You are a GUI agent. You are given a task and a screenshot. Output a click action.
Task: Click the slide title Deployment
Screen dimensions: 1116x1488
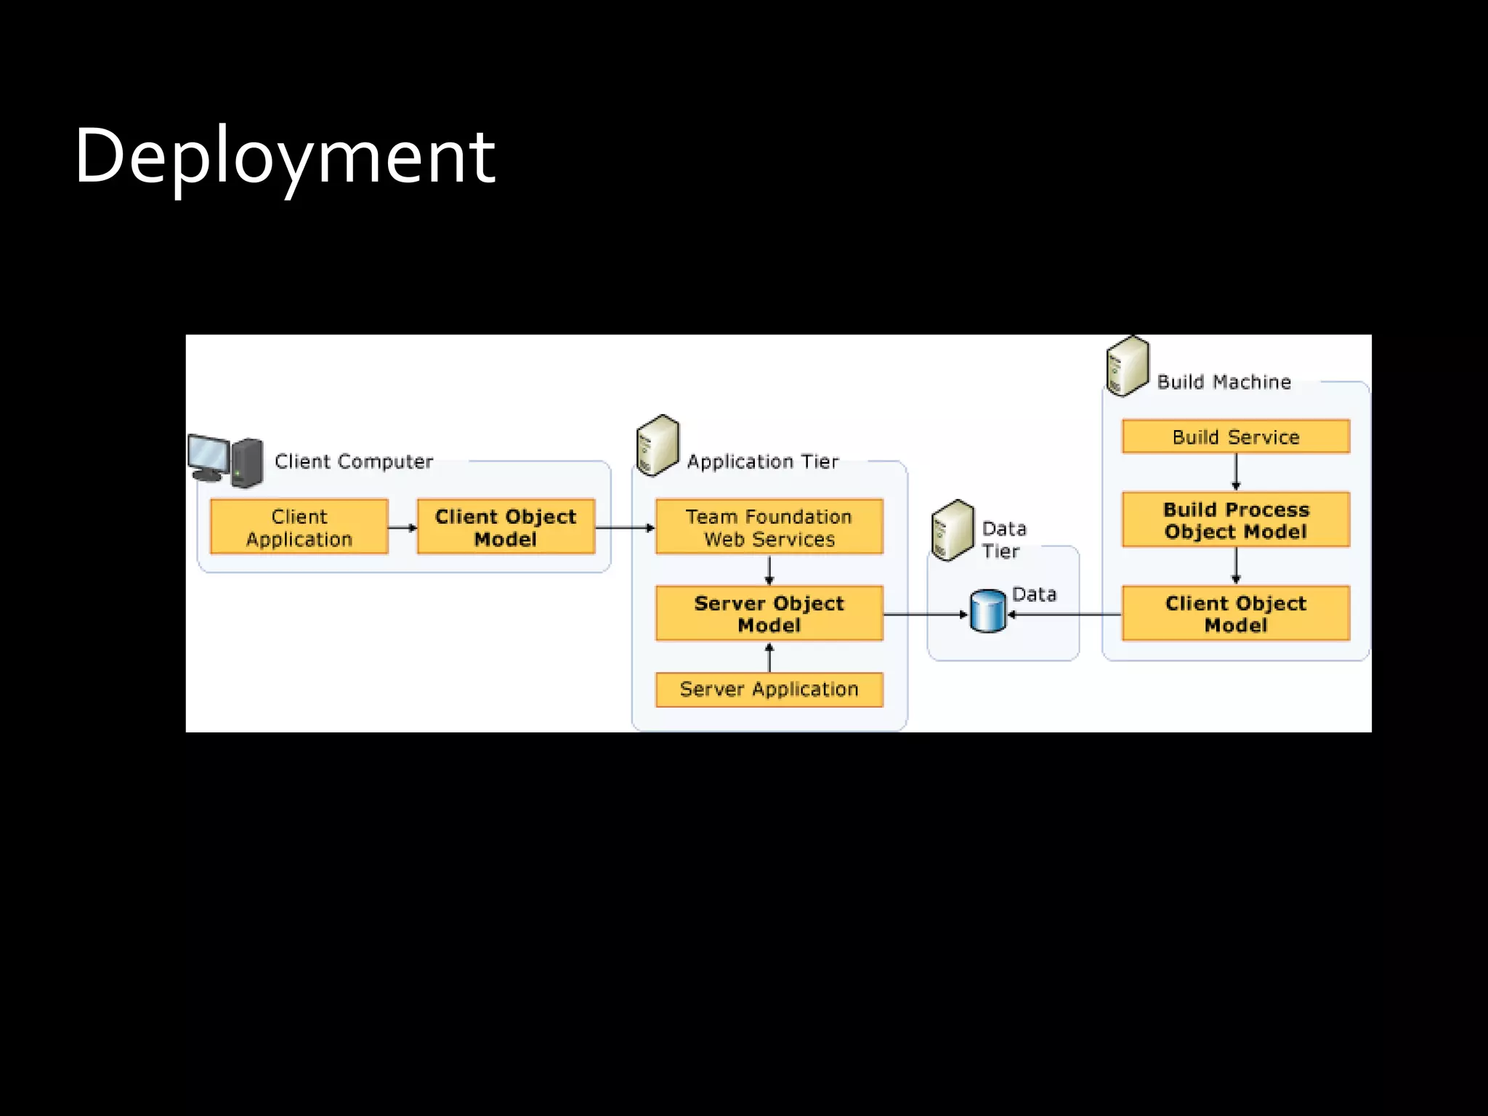(284, 156)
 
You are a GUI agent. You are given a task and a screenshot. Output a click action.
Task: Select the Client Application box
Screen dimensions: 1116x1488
(299, 527)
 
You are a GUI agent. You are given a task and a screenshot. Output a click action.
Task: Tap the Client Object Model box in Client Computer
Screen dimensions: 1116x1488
(506, 527)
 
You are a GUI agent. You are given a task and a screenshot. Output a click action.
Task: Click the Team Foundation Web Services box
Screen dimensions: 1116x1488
(769, 527)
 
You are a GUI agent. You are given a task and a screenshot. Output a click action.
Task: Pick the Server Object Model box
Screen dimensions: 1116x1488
(769, 614)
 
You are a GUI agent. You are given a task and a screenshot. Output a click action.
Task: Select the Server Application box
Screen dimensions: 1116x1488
(769, 690)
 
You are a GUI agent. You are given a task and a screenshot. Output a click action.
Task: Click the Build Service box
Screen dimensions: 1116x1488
(1235, 437)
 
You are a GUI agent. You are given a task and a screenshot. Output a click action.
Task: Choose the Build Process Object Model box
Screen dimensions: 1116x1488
(1235, 520)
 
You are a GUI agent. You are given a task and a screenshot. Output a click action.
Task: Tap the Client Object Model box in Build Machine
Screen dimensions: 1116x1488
(1235, 614)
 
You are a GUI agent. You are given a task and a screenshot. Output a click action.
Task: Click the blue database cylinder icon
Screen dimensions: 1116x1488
(988, 612)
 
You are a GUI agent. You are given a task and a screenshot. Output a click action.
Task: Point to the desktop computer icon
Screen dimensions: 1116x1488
(225, 460)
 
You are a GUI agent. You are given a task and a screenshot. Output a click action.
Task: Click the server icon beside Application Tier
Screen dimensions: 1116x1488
(658, 445)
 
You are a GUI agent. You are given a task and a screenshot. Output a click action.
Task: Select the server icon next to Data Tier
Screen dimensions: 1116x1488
(952, 530)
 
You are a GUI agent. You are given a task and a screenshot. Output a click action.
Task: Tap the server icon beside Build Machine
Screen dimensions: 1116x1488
(1127, 365)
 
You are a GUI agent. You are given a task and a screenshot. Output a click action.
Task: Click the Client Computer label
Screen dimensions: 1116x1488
(354, 462)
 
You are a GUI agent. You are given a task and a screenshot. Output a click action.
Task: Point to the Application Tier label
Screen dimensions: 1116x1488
(763, 462)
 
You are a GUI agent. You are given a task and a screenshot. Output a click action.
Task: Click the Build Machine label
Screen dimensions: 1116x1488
(1224, 382)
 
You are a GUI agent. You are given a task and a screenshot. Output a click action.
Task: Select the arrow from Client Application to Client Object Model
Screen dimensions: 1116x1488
(403, 528)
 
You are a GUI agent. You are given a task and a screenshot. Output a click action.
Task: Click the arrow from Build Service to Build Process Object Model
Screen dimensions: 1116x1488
(1236, 472)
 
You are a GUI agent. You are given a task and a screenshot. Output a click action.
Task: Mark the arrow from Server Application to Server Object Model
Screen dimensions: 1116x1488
(769, 658)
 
